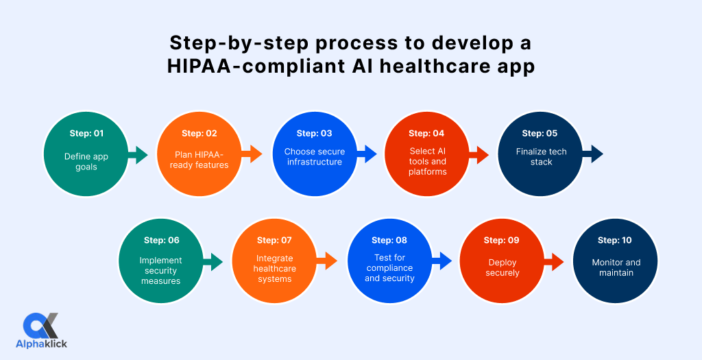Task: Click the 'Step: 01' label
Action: (x=86, y=133)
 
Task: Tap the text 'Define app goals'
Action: (x=86, y=161)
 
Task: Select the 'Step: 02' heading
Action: (x=199, y=133)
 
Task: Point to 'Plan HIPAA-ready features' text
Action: (x=199, y=160)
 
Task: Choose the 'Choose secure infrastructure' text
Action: (x=315, y=157)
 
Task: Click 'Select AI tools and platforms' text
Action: (x=426, y=162)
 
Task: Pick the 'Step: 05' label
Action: (x=540, y=133)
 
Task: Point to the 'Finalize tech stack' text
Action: (x=541, y=157)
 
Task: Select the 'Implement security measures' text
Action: (x=161, y=270)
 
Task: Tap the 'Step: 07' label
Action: (x=274, y=240)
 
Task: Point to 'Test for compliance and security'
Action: (x=389, y=268)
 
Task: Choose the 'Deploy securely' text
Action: (x=503, y=267)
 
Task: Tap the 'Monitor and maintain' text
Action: (x=616, y=267)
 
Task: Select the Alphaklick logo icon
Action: (x=41, y=325)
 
